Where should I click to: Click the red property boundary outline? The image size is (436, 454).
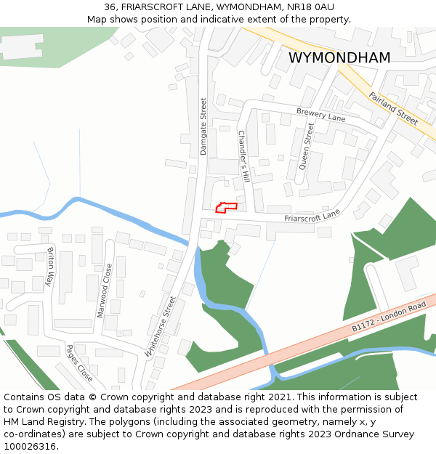click(226, 208)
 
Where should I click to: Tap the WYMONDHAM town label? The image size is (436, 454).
click(339, 57)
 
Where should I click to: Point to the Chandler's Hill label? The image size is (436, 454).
click(243, 156)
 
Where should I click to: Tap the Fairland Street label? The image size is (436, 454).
click(393, 108)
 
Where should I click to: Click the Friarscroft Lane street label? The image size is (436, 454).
click(312, 216)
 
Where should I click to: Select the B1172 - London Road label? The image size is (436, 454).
click(389, 318)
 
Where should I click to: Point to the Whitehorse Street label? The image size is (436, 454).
click(161, 325)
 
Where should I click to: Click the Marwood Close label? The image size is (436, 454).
click(105, 290)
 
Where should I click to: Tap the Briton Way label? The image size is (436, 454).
click(50, 267)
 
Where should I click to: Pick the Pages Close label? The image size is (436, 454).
click(79, 362)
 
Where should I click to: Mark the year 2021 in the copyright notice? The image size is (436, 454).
click(281, 397)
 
